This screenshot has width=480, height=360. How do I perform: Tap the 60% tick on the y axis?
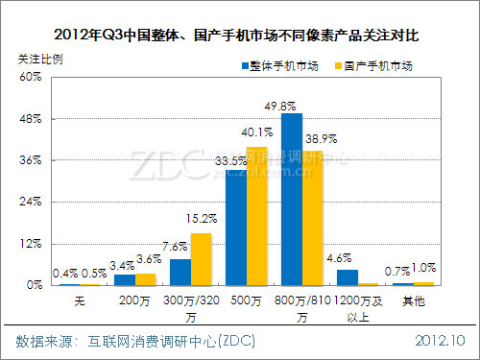click(34, 78)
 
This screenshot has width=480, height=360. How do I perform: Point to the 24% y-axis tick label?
click(34, 203)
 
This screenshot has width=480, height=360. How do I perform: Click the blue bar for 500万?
click(236, 228)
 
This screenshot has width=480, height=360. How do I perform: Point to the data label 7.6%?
click(177, 246)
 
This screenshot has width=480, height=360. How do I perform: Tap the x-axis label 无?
click(81, 300)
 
